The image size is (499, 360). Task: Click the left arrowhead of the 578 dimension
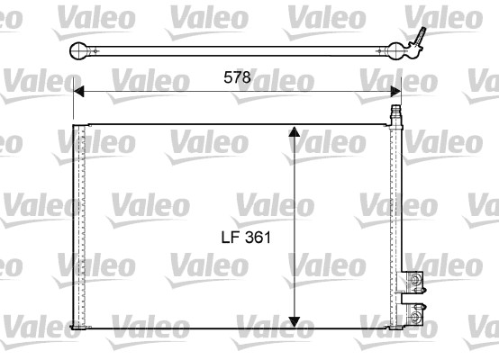tap(78, 90)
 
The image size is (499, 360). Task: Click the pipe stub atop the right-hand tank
tap(394, 114)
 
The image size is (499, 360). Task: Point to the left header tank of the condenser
tap(78, 225)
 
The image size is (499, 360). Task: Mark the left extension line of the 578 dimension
tap(72, 103)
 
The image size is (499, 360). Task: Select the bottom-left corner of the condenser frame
tap(73, 327)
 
